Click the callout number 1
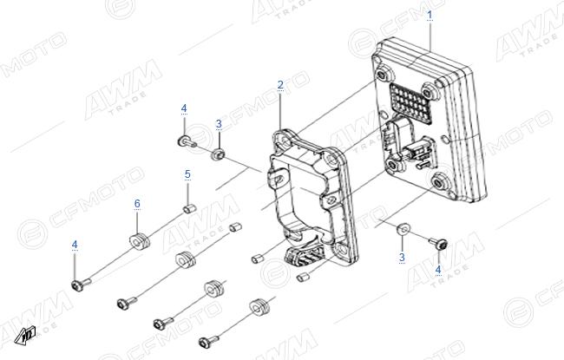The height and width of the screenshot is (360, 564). [x=430, y=15]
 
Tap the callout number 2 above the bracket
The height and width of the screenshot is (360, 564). [x=280, y=85]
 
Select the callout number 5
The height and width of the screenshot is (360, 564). [x=187, y=174]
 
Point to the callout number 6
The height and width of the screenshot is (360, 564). [x=137, y=204]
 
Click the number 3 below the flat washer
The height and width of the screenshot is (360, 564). [x=402, y=257]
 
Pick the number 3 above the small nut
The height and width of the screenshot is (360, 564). [x=219, y=124]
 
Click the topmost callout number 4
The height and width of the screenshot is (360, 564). [x=184, y=108]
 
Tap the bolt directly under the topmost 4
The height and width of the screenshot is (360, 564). [x=187, y=141]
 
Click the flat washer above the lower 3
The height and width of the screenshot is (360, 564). [x=403, y=229]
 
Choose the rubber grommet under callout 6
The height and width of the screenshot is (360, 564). [x=139, y=241]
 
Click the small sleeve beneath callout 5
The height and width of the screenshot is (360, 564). [x=189, y=208]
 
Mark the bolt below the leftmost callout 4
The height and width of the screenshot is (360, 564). [x=81, y=285]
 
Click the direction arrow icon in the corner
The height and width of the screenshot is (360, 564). [x=25, y=335]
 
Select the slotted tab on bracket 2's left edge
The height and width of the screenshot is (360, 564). [x=278, y=178]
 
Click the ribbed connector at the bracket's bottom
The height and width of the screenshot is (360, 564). [x=302, y=256]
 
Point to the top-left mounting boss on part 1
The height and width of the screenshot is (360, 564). [x=383, y=75]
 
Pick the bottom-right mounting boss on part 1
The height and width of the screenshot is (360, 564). [x=438, y=183]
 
